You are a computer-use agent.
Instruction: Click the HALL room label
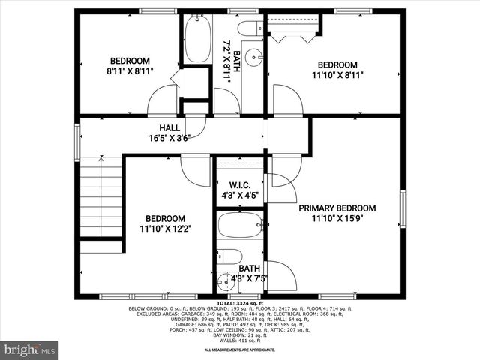click(x=169, y=127)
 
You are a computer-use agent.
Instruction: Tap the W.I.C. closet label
click(x=239, y=184)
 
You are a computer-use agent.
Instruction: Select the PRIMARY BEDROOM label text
click(x=337, y=208)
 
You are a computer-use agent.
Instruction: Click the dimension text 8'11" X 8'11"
click(x=130, y=72)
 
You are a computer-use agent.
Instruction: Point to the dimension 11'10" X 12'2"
click(x=165, y=229)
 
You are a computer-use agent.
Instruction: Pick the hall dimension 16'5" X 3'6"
click(x=169, y=138)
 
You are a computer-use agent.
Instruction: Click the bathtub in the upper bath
click(x=199, y=38)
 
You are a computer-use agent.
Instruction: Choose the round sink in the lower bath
click(x=223, y=283)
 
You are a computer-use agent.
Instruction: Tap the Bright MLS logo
click(x=30, y=349)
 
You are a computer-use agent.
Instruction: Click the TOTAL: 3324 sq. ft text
click(x=239, y=302)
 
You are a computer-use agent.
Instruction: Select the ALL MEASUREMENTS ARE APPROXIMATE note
click(x=239, y=349)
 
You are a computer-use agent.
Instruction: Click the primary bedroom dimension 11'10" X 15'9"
click(x=337, y=218)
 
